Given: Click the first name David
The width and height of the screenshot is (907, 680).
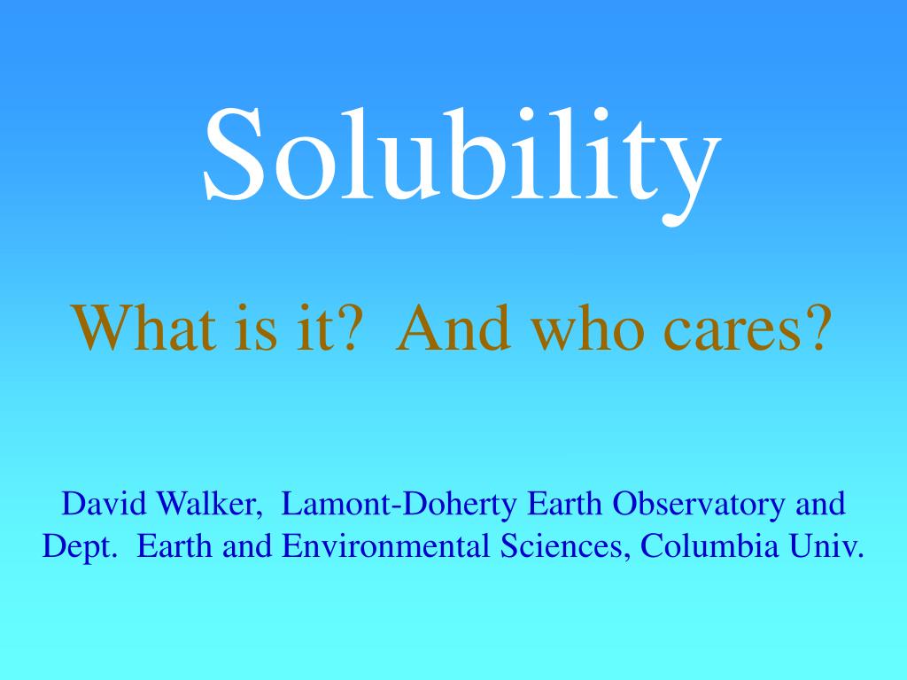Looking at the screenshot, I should coord(105,505).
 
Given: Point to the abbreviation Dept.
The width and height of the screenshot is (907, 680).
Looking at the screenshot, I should coord(80,547).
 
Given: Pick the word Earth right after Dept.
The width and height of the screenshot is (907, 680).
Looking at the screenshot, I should coord(176,546).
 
